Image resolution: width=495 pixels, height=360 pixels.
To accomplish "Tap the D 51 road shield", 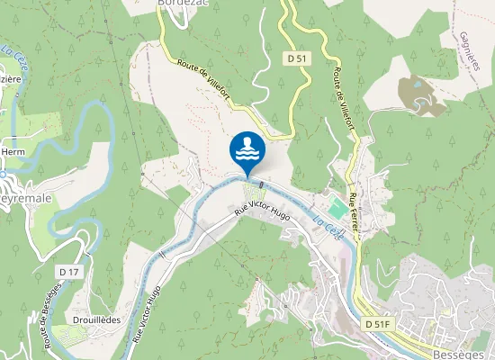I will click(299, 58).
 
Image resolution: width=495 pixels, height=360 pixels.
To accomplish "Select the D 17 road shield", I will click(68, 271).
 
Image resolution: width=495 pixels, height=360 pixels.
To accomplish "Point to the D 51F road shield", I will click(378, 323).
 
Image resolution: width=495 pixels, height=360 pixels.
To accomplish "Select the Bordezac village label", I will click(183, 4).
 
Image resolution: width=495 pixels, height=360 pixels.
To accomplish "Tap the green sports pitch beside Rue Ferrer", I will click(335, 207).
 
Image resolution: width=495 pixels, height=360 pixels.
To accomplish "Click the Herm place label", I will click(12, 152).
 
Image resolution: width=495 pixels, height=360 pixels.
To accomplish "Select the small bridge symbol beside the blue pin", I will click(260, 184).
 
